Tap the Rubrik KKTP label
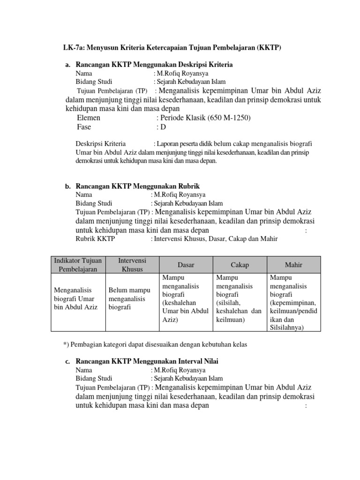pos(95,239)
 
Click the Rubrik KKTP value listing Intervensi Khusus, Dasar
pos(214,239)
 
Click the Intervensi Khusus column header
pos(133,265)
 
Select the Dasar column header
pos(186,265)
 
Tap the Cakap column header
pos(240,265)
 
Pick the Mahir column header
pos(294,265)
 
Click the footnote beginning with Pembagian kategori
pos(155,345)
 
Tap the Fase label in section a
pos(84,127)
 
